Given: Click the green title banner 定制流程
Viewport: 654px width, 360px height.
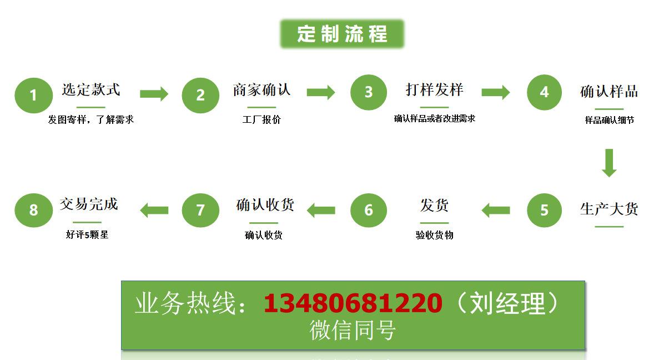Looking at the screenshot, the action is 342,34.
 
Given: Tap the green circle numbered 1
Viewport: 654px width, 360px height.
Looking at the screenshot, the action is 33,95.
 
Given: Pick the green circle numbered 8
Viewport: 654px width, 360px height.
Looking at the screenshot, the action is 33,210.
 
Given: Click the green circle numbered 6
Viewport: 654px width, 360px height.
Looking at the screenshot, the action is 369,210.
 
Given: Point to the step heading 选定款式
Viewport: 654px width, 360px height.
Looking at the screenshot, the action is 90,90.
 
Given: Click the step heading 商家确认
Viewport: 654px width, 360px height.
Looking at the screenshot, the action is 261,90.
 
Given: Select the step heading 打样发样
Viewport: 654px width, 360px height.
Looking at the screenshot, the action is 434,90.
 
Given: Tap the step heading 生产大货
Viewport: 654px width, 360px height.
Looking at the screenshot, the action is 609,209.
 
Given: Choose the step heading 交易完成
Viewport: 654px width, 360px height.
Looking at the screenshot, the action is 89,204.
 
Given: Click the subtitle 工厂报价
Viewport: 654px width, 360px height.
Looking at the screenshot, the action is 261,119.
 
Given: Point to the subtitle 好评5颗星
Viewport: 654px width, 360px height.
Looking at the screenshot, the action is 87,234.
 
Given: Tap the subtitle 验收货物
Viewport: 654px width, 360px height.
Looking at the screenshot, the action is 434,235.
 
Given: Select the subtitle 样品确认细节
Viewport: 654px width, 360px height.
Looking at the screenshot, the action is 609,120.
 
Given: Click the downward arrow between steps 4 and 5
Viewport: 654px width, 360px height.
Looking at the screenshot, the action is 609,162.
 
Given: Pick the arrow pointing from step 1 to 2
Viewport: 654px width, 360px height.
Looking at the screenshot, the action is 154,93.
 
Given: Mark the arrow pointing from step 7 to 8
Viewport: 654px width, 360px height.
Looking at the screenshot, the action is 154,210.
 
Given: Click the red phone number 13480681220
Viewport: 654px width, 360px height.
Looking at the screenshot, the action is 353,303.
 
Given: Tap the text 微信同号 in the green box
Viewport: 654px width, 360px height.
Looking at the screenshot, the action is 353,331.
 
